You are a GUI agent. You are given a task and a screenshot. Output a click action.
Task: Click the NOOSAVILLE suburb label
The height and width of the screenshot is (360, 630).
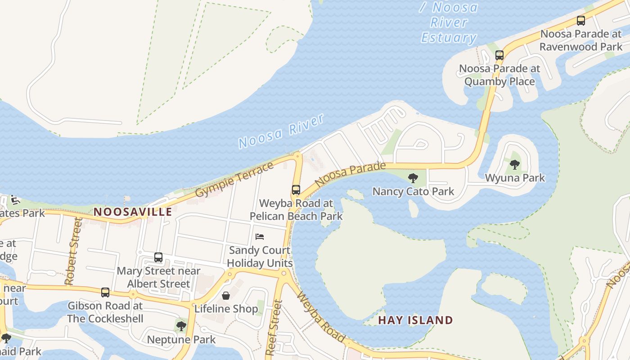point(133,211)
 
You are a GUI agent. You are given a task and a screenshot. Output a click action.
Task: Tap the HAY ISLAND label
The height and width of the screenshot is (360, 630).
point(415,320)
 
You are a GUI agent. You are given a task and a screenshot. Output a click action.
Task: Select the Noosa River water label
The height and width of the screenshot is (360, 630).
point(281,131)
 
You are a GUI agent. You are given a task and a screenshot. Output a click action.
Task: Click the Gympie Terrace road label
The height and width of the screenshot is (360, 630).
point(234,180)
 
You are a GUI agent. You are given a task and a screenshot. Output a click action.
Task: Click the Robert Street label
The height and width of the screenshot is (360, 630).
point(73,252)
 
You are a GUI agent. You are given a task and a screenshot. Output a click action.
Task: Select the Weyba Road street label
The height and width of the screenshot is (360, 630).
point(321,318)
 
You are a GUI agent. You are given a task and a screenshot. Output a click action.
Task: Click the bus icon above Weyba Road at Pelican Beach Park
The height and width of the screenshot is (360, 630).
point(296,190)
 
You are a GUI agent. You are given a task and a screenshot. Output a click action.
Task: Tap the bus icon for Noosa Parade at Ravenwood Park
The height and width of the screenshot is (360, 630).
point(581,21)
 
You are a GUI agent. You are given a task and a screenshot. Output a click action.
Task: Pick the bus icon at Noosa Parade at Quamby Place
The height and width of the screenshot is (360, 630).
point(499,55)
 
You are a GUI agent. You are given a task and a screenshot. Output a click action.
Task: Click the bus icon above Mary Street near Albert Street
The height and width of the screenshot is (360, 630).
point(158,257)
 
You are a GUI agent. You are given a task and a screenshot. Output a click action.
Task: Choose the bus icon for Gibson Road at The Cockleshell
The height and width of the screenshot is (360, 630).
point(105,292)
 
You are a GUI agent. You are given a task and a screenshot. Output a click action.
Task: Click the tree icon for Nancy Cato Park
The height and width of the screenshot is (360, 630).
point(413,178)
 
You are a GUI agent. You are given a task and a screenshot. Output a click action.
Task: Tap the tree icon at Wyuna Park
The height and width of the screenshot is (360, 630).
point(515,165)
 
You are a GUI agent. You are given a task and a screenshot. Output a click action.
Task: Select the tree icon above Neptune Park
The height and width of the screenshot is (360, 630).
point(181,326)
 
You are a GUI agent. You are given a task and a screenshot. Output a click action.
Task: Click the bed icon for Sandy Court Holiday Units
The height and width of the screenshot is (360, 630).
point(260,237)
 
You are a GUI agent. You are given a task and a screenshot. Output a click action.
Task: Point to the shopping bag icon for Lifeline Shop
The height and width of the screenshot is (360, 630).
point(226,296)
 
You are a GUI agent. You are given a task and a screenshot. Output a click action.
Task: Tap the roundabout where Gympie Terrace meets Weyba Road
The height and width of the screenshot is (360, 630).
point(297,156)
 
